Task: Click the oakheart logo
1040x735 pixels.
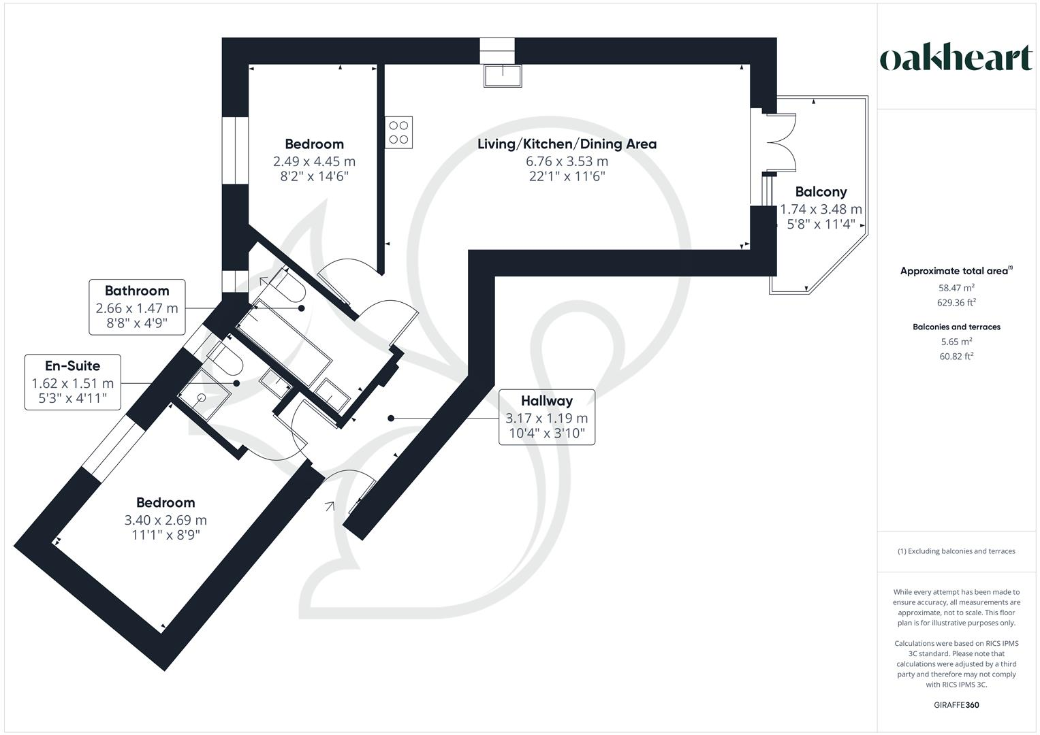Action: [956, 59]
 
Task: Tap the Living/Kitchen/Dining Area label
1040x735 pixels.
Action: [567, 144]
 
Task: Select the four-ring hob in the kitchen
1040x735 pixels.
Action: [399, 133]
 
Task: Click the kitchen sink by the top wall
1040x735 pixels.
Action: [503, 76]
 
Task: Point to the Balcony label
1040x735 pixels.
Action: [821, 192]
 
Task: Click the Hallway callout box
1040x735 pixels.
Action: [546, 417]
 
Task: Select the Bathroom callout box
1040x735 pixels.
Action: [137, 307]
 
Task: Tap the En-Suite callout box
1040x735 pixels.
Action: [72, 382]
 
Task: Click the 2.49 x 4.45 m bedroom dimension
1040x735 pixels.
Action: [314, 161]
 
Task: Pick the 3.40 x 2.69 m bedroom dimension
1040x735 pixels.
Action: [166, 520]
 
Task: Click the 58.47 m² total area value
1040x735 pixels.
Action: [956, 288]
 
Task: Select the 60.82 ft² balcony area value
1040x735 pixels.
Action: [956, 356]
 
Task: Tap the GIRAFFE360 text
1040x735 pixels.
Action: [956, 705]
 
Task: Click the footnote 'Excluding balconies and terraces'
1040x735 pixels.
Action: [956, 551]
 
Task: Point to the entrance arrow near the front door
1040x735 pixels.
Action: [331, 506]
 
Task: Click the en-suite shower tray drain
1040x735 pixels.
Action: [202, 397]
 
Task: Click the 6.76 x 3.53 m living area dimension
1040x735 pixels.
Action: [567, 161]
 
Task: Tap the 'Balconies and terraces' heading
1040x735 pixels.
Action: [956, 327]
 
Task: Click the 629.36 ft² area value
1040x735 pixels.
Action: [956, 303]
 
